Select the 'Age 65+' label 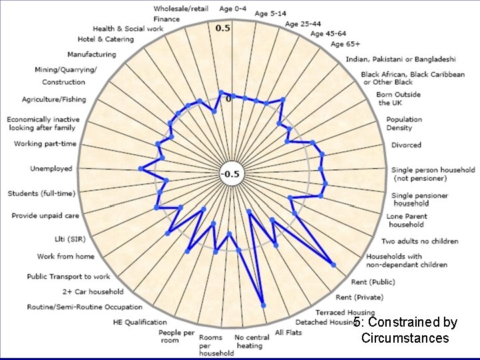click(345, 45)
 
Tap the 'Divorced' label click(406, 145)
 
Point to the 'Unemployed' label click(51, 169)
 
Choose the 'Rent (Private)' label click(359, 297)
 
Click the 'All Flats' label click(289, 332)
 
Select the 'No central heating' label click(252, 341)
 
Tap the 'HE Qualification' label click(140, 323)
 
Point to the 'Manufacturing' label click(91, 55)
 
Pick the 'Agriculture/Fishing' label click(54, 99)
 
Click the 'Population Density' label click(404, 123)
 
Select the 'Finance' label click(167, 19)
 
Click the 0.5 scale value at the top click(223, 28)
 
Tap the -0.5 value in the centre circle click(230, 175)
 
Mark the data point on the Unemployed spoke click(141, 169)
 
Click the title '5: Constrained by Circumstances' click(405, 330)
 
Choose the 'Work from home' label click(65, 257)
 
